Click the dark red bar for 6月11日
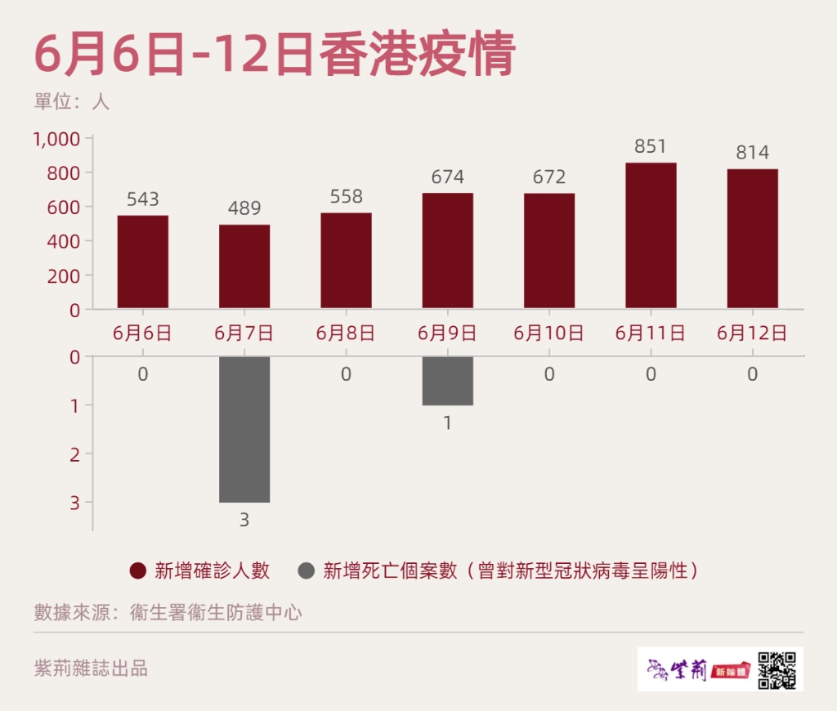coord(651,235)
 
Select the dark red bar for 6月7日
coord(244,266)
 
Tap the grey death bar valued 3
coord(244,429)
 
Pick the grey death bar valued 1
coord(447,381)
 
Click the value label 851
coord(651,147)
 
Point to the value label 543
coord(143,199)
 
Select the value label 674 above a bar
coord(447,177)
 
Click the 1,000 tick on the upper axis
coord(56,140)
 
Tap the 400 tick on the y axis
coord(65,242)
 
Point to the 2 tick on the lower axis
coord(75,454)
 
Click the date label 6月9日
coord(447,333)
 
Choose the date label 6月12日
coord(752,333)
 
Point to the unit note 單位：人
coord(72,102)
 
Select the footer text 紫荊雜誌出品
coord(91,668)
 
